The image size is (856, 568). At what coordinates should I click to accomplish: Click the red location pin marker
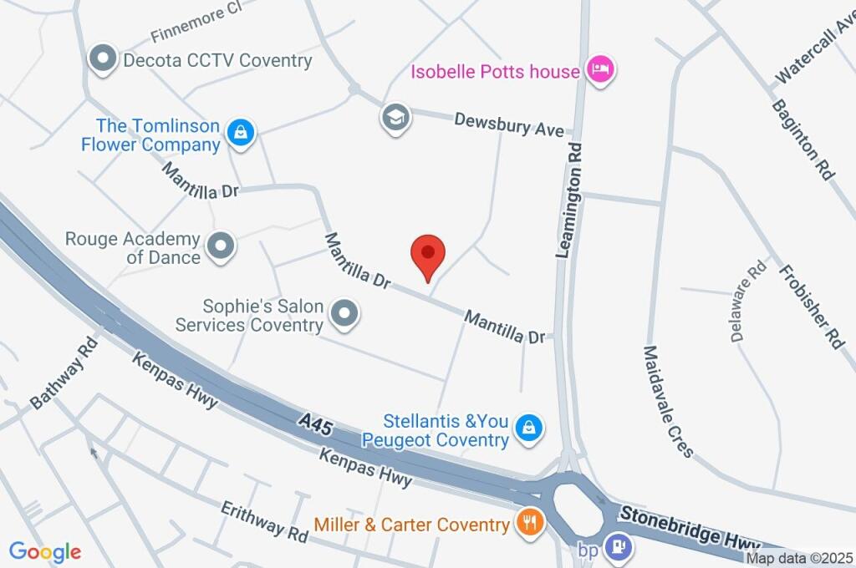click(x=428, y=254)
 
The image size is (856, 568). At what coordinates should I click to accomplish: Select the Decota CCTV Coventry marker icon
click(x=103, y=59)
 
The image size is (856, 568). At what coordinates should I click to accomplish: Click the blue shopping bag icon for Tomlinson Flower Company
click(x=241, y=133)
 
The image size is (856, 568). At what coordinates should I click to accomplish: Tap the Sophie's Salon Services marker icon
click(x=344, y=314)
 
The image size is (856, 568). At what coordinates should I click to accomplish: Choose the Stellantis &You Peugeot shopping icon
click(x=528, y=429)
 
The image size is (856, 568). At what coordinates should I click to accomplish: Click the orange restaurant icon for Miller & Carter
click(x=528, y=524)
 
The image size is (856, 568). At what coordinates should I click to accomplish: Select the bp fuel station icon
click(x=619, y=547)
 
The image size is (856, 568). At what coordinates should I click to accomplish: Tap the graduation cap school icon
click(x=395, y=117)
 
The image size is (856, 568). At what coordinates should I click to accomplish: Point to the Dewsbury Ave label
click(x=509, y=125)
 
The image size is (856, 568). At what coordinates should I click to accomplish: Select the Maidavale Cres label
click(x=669, y=402)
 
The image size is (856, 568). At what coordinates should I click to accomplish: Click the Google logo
click(x=45, y=551)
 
